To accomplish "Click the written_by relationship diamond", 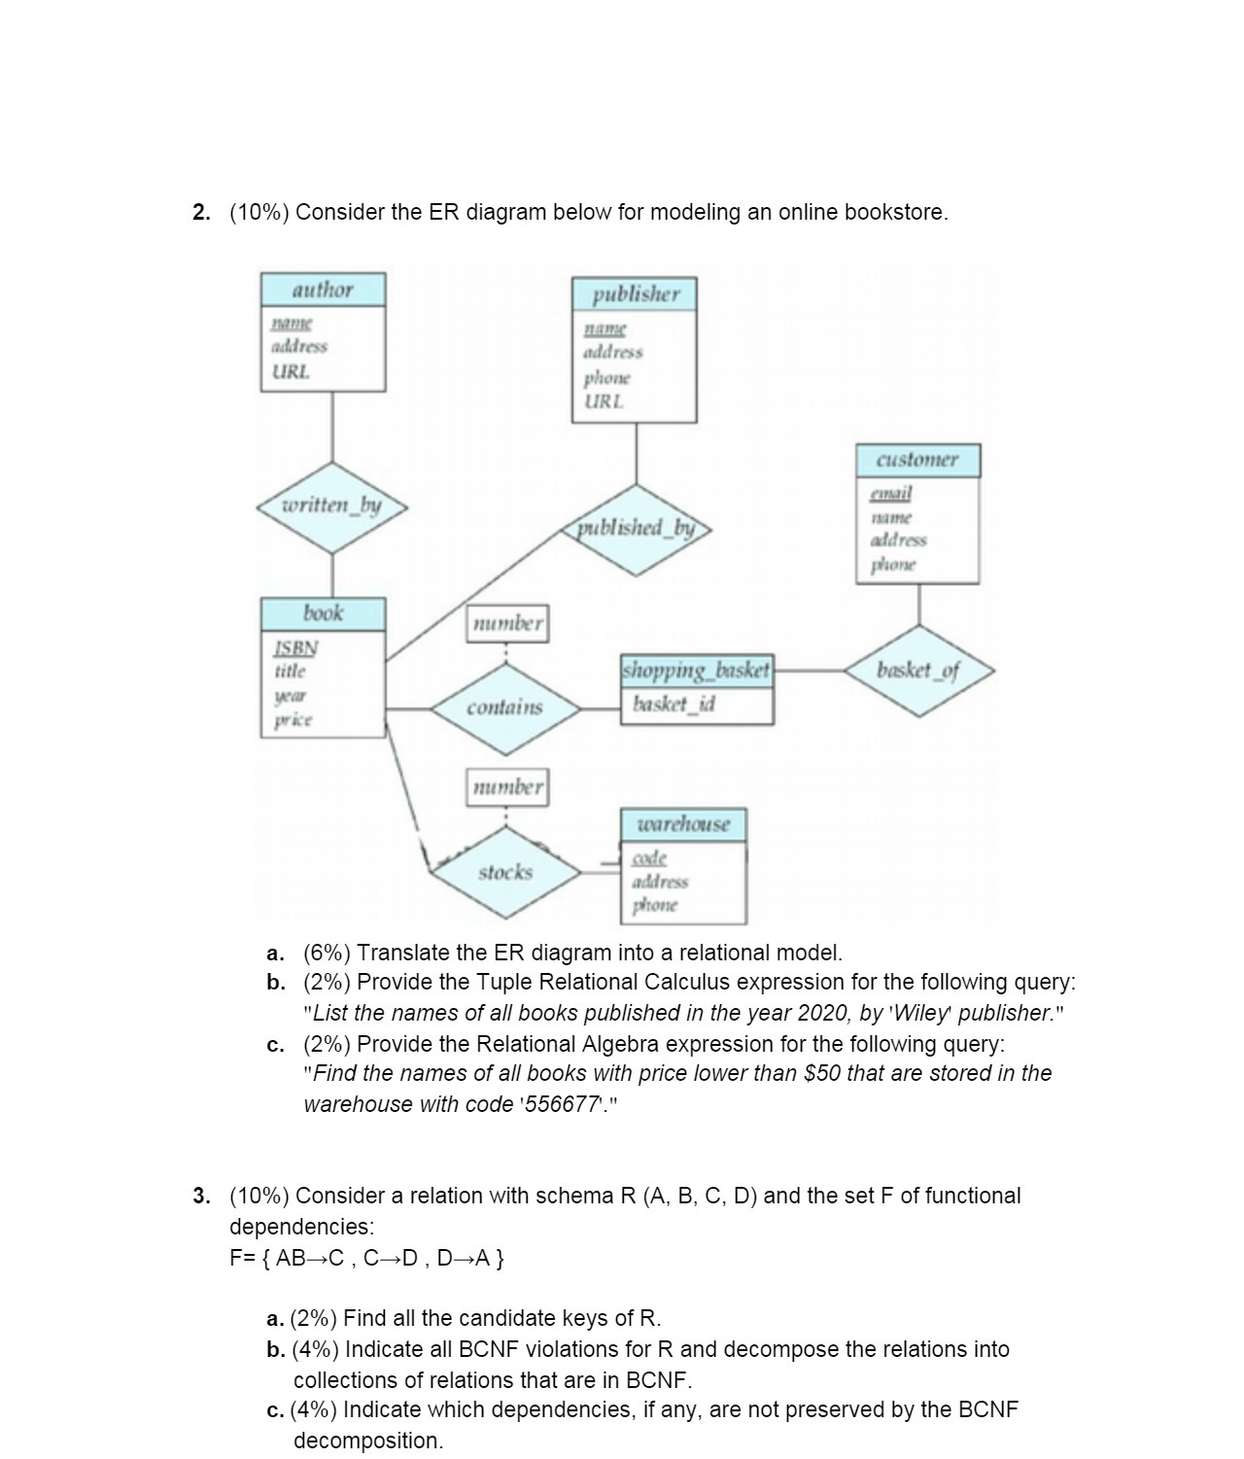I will (332, 506).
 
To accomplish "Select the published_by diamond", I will (637, 528).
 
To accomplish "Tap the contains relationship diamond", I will (504, 708).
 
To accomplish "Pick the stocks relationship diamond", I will (505, 872).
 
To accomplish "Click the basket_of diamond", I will (918, 671).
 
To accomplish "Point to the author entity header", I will (323, 290).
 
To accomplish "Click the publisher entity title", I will (636, 294).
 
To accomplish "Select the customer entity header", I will (917, 460).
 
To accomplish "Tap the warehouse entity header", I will (683, 824).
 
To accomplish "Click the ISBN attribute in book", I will (295, 647).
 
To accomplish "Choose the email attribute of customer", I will (890, 494).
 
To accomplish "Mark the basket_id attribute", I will (674, 704).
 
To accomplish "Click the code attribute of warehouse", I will (649, 858).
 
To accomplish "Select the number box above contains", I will (507, 623).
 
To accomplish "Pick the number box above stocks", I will (507, 786).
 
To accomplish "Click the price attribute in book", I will (293, 720).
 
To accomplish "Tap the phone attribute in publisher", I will (606, 377).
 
